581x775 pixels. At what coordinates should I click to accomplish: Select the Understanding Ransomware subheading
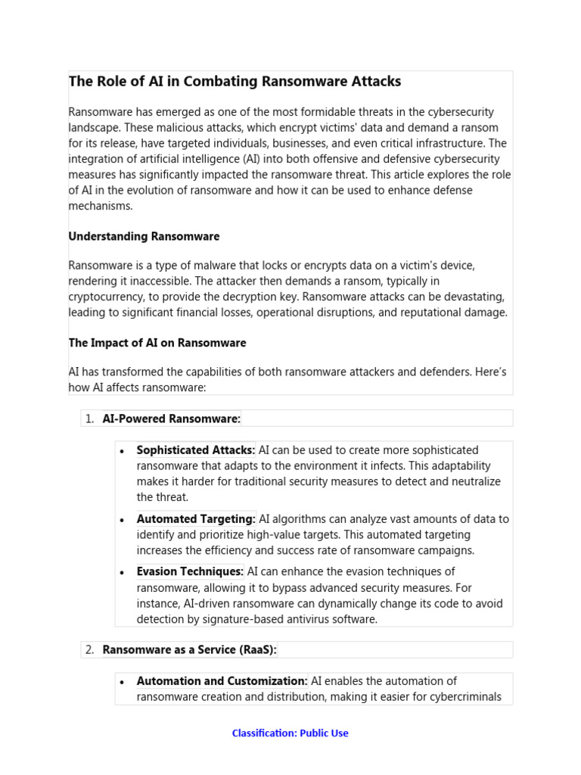144,237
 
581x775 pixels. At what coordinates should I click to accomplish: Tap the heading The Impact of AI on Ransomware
157,343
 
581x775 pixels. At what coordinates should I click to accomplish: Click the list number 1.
89,419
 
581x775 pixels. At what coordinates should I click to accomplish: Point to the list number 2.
89,649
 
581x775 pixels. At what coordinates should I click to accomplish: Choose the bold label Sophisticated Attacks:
196,450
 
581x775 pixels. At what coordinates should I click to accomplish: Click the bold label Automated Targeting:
196,519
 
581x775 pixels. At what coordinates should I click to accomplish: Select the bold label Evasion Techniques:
190,571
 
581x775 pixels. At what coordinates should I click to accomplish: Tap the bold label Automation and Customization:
222,681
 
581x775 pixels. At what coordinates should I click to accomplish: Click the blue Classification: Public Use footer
290,733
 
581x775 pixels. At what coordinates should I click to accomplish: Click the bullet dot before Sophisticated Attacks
122,451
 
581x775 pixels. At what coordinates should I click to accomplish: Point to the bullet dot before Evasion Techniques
122,572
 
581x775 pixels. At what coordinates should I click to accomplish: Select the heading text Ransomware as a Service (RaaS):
190,649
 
